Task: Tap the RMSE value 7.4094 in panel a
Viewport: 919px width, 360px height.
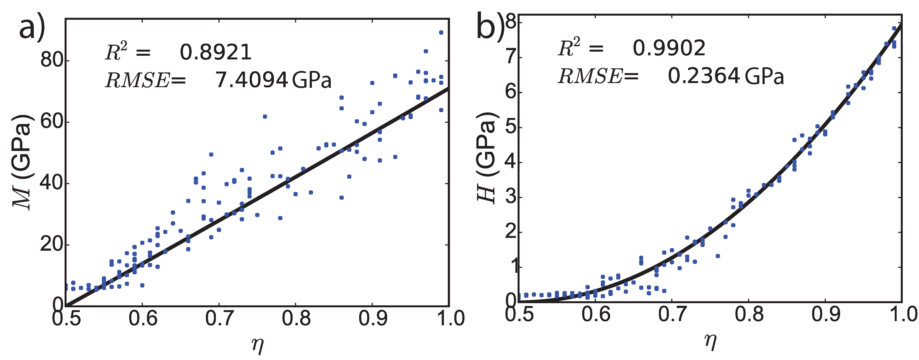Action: click(x=251, y=80)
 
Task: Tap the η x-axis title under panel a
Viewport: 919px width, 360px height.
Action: click(x=257, y=345)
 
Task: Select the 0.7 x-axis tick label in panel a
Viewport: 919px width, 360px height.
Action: click(x=219, y=318)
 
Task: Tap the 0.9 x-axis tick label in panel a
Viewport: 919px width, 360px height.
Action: click(x=372, y=318)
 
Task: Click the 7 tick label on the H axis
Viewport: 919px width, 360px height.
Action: click(x=512, y=57)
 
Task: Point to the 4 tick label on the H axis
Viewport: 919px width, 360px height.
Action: click(x=512, y=162)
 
